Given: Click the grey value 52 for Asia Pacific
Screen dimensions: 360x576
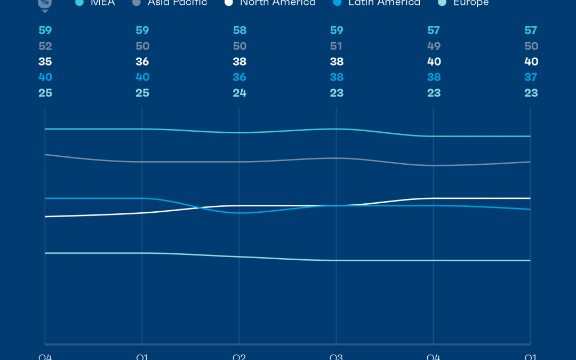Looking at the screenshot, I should point(45,46).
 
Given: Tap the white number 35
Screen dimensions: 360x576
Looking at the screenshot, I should point(45,62).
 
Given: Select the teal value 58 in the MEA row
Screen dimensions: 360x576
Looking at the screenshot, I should point(239,30).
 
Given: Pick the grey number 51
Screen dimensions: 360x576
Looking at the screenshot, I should point(337,46).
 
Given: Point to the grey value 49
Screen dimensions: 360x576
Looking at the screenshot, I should point(434,46).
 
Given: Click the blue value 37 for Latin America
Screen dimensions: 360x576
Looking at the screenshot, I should point(531,77).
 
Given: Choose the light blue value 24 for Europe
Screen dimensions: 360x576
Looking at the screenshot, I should point(239,93).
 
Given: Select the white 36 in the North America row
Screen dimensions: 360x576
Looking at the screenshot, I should point(142,62).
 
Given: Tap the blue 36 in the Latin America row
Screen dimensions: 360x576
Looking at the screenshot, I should point(239,77).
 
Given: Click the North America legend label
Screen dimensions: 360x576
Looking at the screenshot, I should point(277,3).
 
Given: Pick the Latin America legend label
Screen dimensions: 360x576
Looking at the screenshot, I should point(384,3).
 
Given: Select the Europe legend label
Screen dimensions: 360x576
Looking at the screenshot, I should point(470,3).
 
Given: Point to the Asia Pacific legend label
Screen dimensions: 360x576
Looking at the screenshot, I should point(177,3).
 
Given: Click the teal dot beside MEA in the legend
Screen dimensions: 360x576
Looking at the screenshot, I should point(79,3).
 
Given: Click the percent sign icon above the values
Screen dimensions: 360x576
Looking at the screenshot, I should point(45,4).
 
